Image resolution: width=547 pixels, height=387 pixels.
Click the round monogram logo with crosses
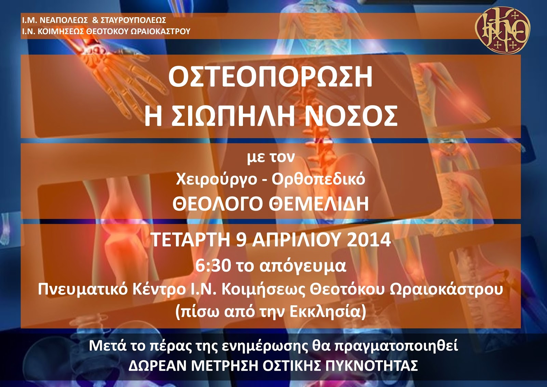tap(503, 29)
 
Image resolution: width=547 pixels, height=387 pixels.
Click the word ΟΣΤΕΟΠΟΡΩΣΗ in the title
tap(270, 77)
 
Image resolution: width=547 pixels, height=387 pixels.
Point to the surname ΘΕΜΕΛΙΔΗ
tap(319, 204)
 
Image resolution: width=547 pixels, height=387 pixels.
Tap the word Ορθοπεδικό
tap(319, 180)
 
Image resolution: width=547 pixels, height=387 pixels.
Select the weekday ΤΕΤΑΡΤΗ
tap(190, 240)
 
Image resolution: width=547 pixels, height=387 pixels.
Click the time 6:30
tap(213, 266)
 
